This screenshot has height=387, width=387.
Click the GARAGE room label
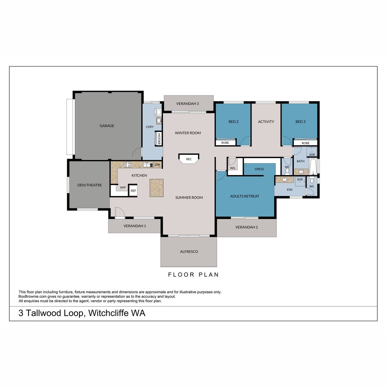click(x=107, y=126)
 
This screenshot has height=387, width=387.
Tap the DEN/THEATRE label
click(x=90, y=185)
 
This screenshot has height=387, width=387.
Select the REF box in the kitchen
click(x=133, y=190)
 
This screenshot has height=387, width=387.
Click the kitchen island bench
click(x=156, y=188)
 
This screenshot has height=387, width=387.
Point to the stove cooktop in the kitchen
click(x=127, y=165)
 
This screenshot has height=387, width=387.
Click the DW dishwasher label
click(x=157, y=165)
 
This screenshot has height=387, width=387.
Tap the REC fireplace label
click(x=189, y=159)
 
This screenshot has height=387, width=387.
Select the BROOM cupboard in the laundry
click(x=159, y=139)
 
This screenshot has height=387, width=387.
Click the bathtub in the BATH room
click(x=313, y=166)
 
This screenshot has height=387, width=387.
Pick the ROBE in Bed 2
click(x=225, y=143)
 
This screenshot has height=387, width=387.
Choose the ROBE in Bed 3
click(x=305, y=143)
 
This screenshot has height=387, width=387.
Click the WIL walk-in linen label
click(x=233, y=168)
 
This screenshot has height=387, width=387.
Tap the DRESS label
click(x=259, y=169)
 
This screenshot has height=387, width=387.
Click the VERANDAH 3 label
click(x=188, y=104)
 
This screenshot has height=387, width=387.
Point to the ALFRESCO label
click(x=189, y=252)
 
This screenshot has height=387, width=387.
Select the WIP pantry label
click(x=123, y=187)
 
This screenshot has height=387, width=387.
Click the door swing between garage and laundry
click(x=137, y=152)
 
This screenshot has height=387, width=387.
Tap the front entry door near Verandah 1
click(x=120, y=213)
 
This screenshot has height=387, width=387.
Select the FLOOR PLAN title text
click(x=193, y=274)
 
